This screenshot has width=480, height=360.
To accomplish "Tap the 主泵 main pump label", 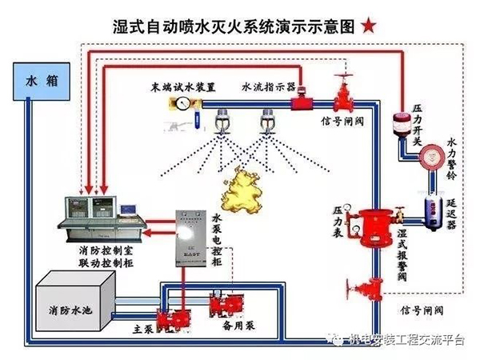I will pos(143,327).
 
